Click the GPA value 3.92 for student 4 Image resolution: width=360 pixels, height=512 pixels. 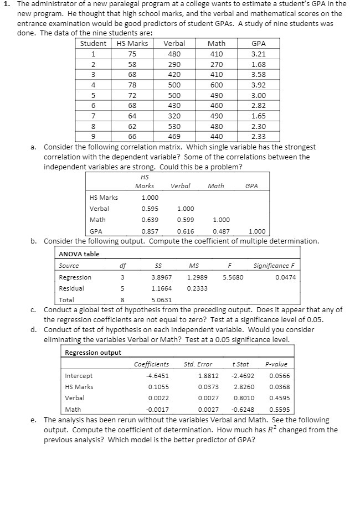click(x=258, y=85)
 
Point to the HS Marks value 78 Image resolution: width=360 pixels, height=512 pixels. click(x=132, y=85)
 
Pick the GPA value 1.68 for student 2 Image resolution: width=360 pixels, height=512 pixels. click(x=258, y=65)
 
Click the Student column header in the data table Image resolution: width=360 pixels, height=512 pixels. click(x=94, y=44)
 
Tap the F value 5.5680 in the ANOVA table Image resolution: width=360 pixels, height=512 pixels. click(x=233, y=277)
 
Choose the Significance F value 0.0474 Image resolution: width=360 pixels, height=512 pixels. click(x=285, y=277)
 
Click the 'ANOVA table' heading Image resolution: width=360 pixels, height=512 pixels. click(x=79, y=254)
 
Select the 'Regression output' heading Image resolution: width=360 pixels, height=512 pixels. click(x=93, y=353)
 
